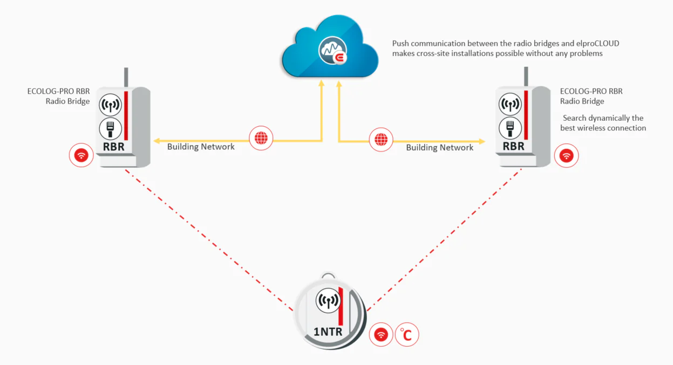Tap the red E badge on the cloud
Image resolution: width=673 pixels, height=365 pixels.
[340, 57]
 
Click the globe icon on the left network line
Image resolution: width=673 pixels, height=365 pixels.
[261, 138]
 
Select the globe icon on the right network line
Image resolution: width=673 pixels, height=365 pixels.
[381, 140]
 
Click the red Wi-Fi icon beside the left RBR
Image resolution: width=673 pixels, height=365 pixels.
[81, 155]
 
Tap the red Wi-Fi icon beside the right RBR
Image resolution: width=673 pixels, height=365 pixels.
[566, 156]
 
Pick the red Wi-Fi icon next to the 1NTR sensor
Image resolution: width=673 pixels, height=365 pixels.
[381, 334]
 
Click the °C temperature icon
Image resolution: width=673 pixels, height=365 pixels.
[407, 334]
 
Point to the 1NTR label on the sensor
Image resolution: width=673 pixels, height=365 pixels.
[328, 332]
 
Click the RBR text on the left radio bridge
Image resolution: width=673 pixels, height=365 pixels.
[113, 147]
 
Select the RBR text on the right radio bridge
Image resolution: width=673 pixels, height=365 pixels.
[513, 146]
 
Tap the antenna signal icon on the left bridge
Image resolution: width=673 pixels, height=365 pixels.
[110, 105]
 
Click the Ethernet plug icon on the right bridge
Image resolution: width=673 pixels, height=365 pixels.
[510, 128]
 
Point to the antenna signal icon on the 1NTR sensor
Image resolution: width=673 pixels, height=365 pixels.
[328, 300]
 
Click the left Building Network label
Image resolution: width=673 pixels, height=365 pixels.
[201, 147]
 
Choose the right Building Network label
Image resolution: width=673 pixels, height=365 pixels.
[439, 147]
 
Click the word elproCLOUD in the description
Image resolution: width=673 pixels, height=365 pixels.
[597, 44]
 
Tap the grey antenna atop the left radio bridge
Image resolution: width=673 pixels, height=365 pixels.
[126, 78]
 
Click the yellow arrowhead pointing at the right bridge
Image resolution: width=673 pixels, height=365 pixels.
[481, 141]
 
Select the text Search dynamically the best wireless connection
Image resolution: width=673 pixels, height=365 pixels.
[603, 123]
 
